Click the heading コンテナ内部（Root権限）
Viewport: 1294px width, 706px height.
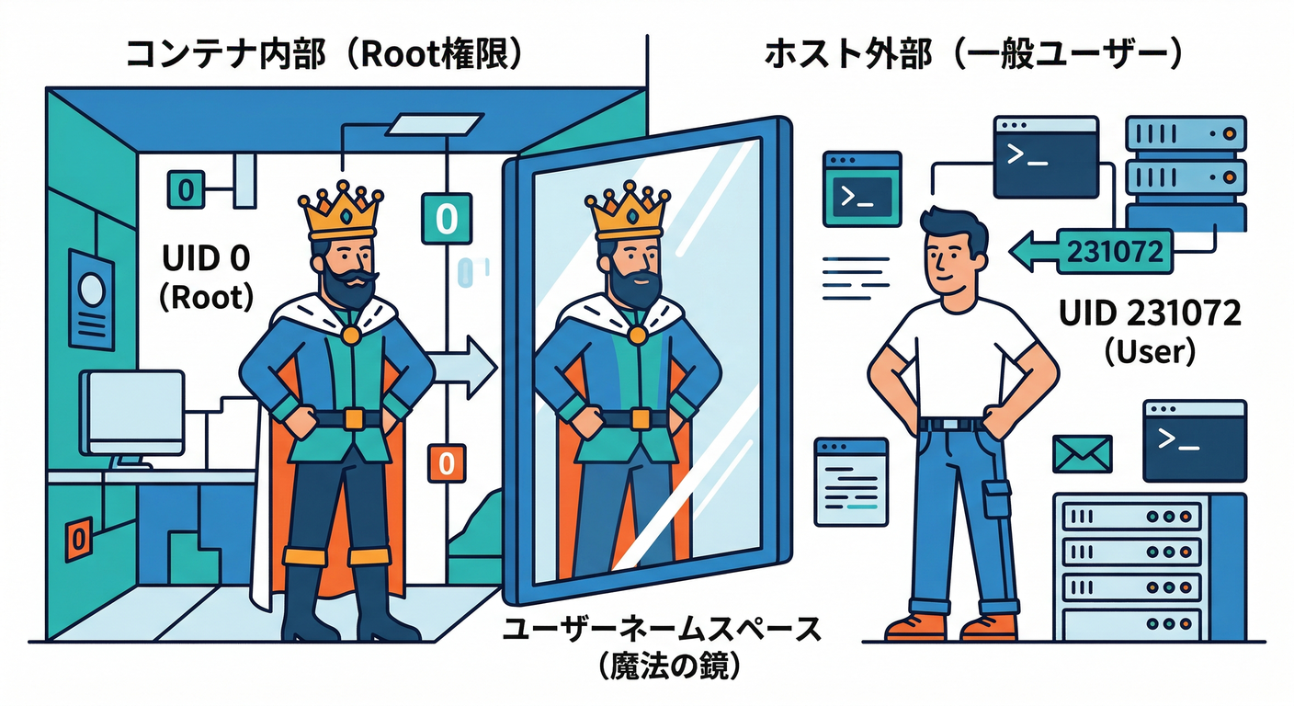click(326, 54)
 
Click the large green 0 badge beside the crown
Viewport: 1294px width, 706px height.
click(446, 219)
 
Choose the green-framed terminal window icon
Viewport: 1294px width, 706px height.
click(861, 189)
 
